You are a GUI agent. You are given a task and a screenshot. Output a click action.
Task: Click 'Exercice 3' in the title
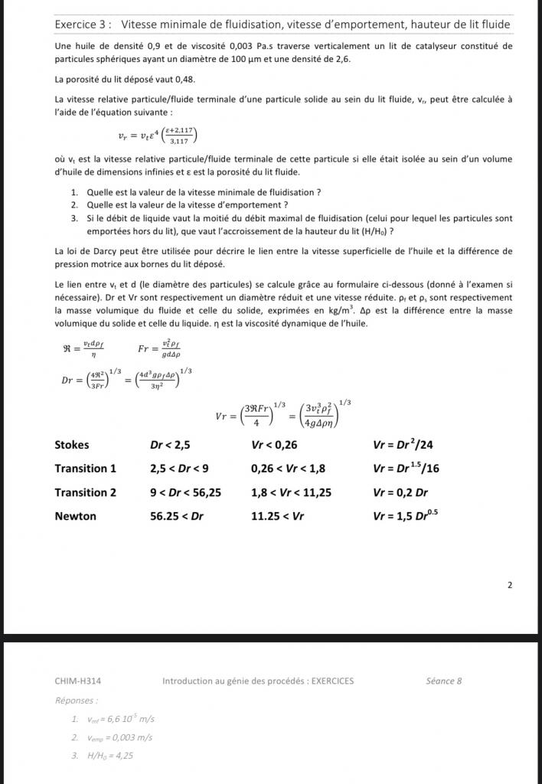pyautogui.click(x=83, y=24)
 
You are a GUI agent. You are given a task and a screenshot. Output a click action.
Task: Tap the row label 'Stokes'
pyautogui.click(x=72, y=445)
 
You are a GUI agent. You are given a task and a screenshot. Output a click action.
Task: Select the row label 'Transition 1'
pyautogui.click(x=86, y=469)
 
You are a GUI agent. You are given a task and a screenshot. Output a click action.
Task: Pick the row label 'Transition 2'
pyautogui.click(x=86, y=492)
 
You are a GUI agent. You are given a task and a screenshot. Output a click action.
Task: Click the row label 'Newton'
pyautogui.click(x=76, y=516)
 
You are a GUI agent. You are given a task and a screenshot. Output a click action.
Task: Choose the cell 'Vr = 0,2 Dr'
pyautogui.click(x=400, y=492)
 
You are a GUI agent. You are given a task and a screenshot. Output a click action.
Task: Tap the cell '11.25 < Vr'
pyautogui.click(x=278, y=516)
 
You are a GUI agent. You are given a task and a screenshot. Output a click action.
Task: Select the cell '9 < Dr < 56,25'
pyautogui.click(x=186, y=492)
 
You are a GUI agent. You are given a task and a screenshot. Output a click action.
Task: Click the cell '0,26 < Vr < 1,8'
pyautogui.click(x=289, y=469)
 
